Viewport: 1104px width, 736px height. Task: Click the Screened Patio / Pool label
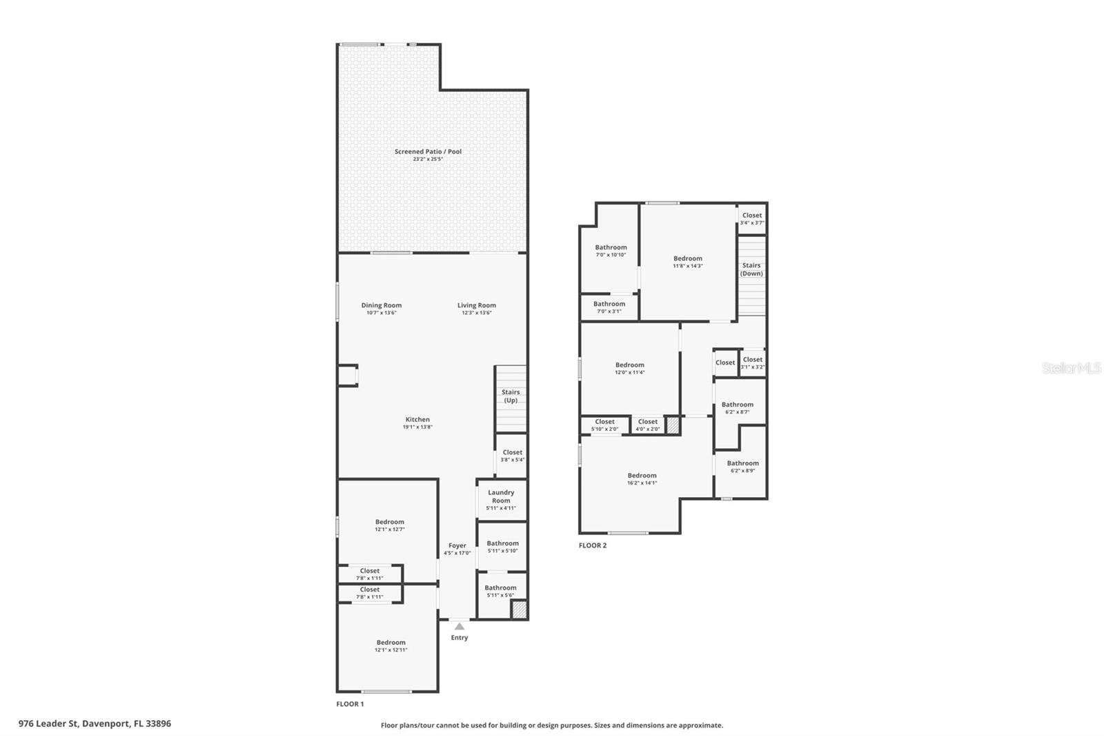(428, 152)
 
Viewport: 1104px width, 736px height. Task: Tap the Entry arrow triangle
(460, 626)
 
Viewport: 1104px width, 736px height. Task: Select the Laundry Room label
(501, 496)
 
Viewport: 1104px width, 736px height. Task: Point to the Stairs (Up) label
(511, 396)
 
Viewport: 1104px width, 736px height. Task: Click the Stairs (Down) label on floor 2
(751, 269)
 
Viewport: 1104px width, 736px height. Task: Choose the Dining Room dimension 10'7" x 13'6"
(381, 313)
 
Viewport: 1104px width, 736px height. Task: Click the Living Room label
(477, 305)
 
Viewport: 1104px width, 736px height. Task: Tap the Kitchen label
(417, 419)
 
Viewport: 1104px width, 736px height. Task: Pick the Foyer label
(457, 545)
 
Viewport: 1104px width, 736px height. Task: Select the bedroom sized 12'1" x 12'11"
(391, 646)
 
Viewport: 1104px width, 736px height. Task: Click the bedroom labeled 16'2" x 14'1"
(642, 478)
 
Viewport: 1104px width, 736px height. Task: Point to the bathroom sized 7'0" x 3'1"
(609, 307)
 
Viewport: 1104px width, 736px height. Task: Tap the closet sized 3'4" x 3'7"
(752, 218)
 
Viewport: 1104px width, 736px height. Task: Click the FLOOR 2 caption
(593, 545)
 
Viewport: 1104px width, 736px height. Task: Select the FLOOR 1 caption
(350, 704)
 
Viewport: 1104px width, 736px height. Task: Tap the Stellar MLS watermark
(1071, 369)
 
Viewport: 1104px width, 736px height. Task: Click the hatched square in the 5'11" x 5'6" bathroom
(519, 610)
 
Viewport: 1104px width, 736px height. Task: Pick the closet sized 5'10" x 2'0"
(604, 425)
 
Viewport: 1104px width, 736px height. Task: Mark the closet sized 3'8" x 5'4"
(513, 456)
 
